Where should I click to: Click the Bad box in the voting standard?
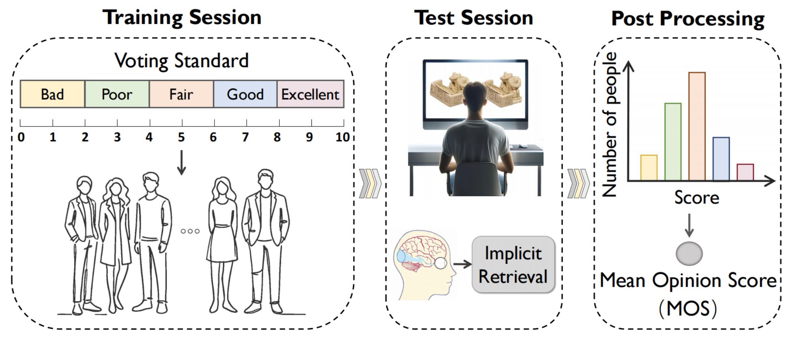click(x=52, y=94)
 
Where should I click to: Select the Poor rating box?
click(x=117, y=94)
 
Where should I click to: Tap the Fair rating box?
click(x=181, y=94)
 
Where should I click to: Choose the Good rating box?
click(x=245, y=94)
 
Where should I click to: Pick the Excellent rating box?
click(x=310, y=94)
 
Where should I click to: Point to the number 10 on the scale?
click(x=343, y=137)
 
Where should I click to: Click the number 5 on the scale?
click(x=181, y=137)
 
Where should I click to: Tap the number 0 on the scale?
click(x=21, y=137)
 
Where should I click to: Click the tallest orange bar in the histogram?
click(x=697, y=126)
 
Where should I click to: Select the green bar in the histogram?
click(x=673, y=141)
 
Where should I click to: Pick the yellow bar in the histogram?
click(x=649, y=167)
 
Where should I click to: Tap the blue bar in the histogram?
click(x=721, y=159)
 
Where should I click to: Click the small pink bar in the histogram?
click(x=745, y=172)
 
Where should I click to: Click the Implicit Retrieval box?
click(x=513, y=264)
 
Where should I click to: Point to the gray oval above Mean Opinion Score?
click(x=689, y=253)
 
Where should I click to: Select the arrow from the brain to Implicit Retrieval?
click(x=462, y=264)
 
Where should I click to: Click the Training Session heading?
click(x=182, y=17)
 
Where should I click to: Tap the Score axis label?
click(x=696, y=197)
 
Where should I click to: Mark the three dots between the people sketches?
click(x=190, y=231)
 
